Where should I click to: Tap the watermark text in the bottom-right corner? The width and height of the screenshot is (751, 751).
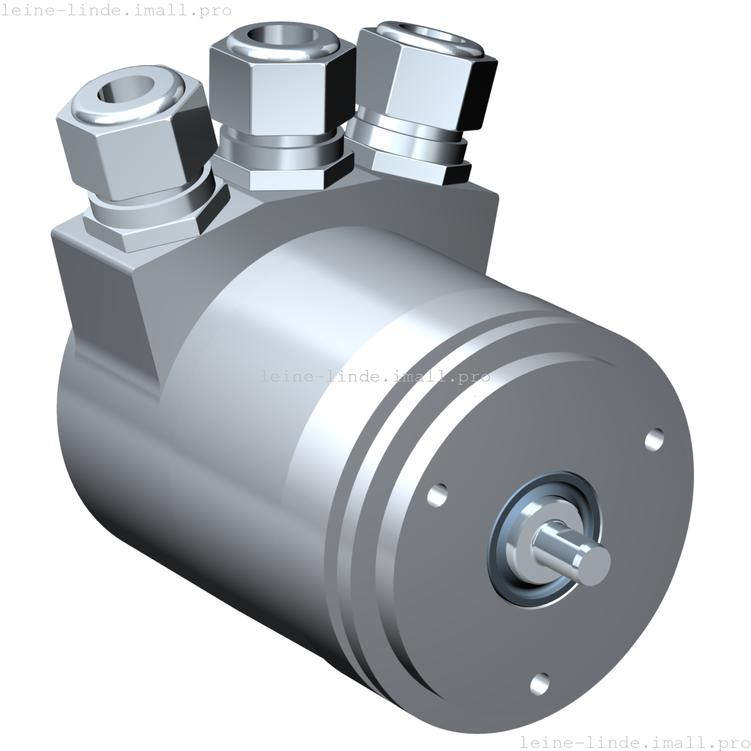click(x=634, y=741)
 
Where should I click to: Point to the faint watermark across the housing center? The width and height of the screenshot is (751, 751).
click(x=375, y=376)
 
